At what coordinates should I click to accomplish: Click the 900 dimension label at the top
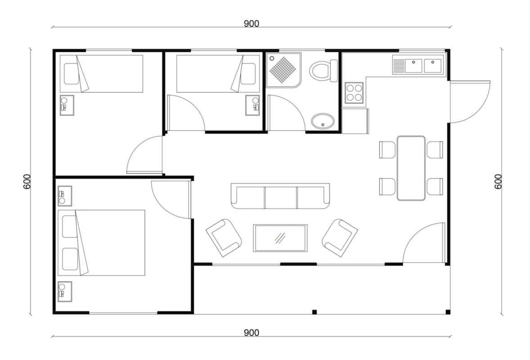(252, 23)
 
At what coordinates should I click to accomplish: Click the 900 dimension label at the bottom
(252, 333)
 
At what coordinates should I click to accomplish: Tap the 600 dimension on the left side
(27, 181)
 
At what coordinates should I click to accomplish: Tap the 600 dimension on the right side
(498, 181)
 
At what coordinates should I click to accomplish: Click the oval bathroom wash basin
(323, 121)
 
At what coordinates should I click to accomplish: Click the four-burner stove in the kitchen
(354, 93)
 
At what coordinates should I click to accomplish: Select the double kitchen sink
(417, 66)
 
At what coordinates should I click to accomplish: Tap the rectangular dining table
(411, 168)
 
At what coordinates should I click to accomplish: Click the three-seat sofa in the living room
(280, 196)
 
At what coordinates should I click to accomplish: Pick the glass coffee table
(280, 238)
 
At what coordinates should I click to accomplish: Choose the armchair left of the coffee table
(224, 238)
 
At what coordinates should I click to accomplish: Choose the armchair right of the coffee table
(340, 238)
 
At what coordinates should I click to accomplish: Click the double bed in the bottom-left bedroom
(101, 243)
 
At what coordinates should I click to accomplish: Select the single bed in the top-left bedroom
(101, 73)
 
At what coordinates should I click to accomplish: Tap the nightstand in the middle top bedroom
(252, 105)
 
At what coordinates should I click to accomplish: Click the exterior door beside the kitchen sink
(470, 102)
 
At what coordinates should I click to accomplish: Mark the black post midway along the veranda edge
(314, 312)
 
